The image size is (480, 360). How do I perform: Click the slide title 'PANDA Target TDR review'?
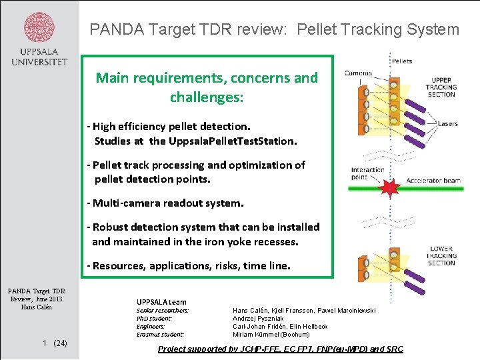[274, 29]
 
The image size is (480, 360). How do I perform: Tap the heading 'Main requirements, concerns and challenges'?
[207, 87]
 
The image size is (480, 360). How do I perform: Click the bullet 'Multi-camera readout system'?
[165, 202]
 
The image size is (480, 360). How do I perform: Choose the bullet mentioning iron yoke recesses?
[203, 234]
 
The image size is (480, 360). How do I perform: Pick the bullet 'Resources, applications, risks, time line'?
[189, 265]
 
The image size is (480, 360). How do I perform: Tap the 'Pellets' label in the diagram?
[403, 61]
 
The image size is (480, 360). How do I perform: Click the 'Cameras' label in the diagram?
[358, 73]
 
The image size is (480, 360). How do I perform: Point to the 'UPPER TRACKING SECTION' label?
[441, 87]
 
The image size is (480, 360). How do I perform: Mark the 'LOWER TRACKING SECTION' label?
[441, 256]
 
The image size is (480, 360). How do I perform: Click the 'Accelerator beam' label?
[433, 181]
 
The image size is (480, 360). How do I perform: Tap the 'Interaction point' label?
[367, 173]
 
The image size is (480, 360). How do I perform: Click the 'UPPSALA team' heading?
[161, 302]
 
